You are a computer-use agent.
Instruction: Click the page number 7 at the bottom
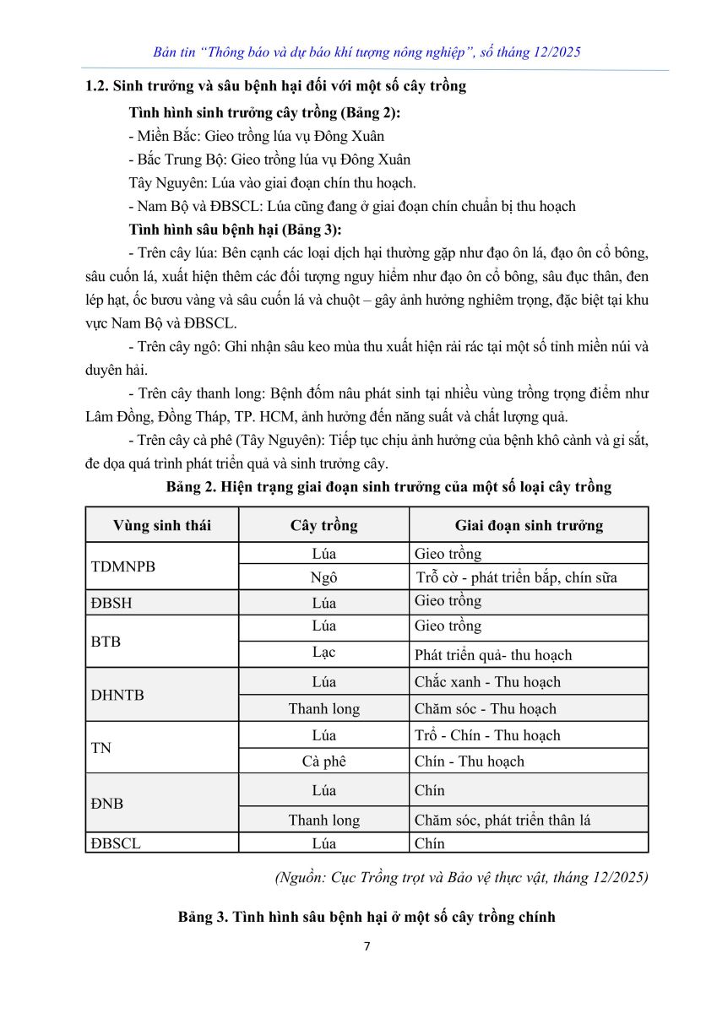click(367, 946)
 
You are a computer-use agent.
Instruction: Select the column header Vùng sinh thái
click(162, 525)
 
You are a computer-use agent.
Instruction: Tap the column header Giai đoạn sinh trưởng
click(529, 525)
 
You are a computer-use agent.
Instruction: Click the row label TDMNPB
click(122, 566)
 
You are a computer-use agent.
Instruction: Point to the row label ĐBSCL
click(116, 842)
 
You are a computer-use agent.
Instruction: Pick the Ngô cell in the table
click(323, 577)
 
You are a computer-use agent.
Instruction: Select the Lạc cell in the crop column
click(323, 653)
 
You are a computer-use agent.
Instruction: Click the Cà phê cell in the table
click(323, 761)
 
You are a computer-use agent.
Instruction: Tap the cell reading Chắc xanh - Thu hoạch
click(487, 682)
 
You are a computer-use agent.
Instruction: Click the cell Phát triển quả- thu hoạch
click(493, 655)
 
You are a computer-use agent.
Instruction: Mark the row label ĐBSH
click(111, 603)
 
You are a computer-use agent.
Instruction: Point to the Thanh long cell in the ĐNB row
click(323, 820)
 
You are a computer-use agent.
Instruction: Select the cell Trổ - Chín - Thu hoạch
click(487, 735)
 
